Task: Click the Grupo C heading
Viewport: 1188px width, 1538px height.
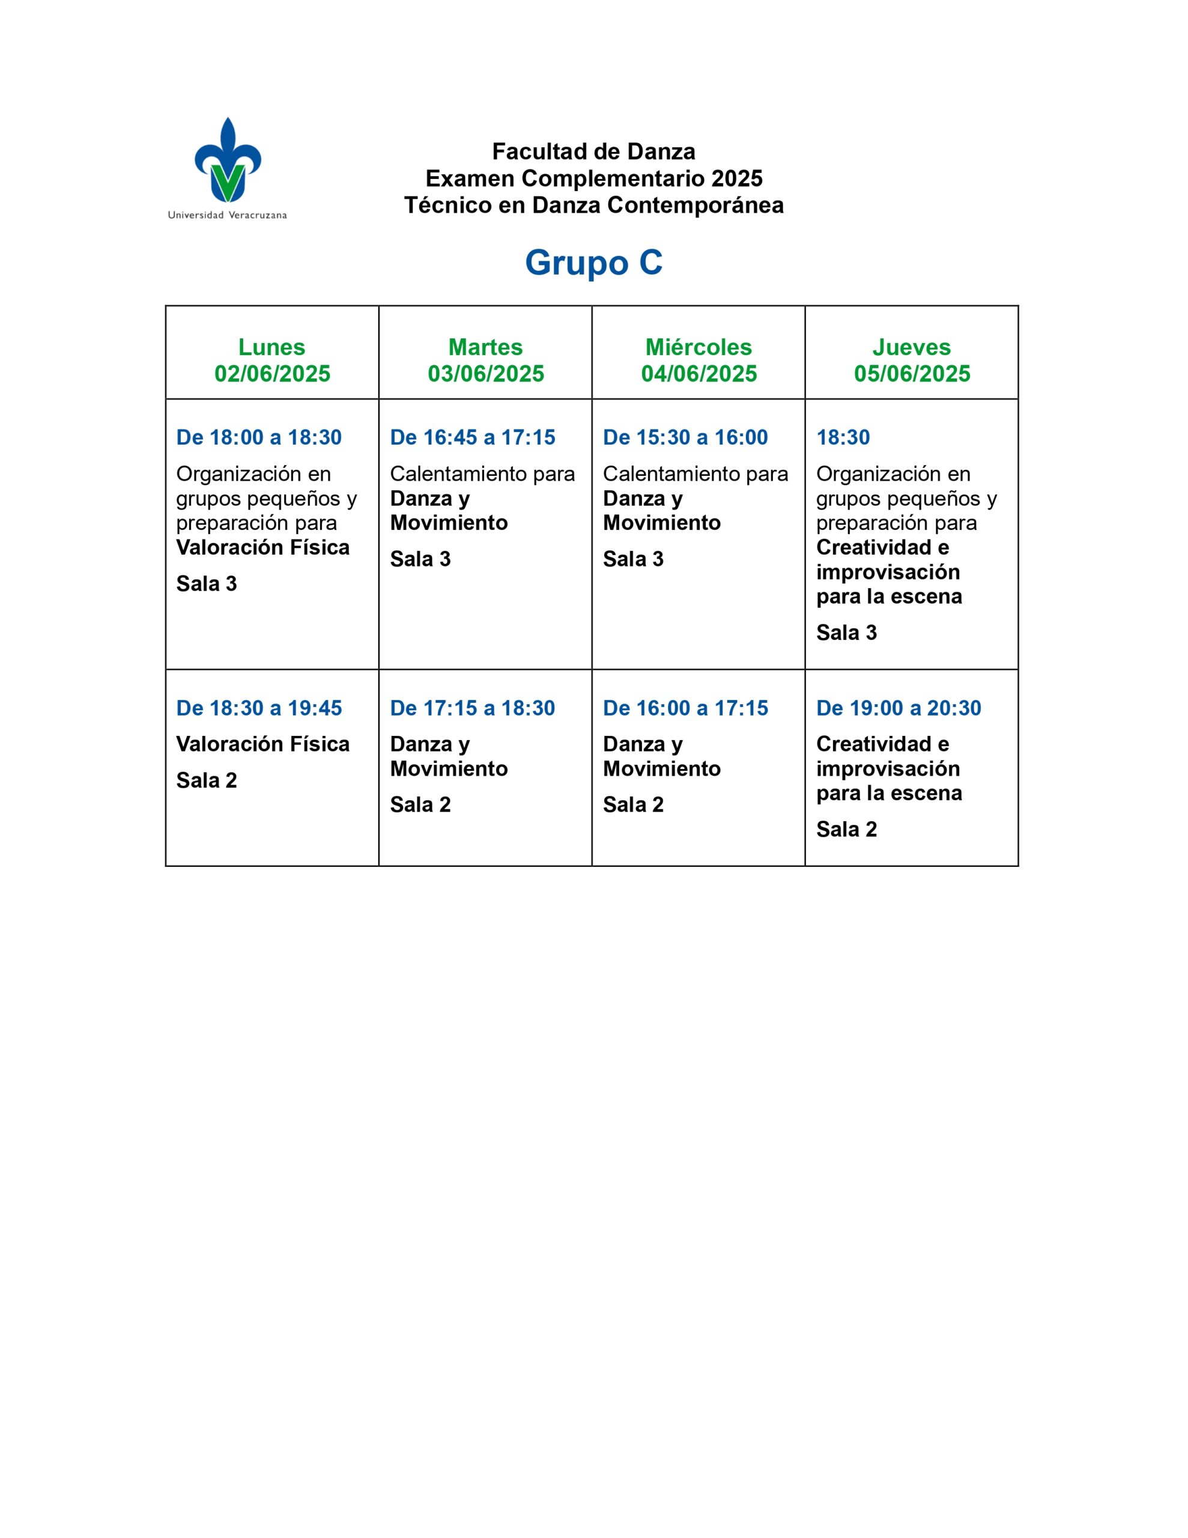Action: [x=593, y=263]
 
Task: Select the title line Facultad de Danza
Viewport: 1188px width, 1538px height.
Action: [x=593, y=151]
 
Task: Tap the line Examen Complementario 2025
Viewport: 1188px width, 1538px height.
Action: [x=593, y=178]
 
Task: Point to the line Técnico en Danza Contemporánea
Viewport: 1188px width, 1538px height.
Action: [x=593, y=205]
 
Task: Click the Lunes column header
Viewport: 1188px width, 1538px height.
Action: [x=272, y=347]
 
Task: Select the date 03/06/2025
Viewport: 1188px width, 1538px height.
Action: [x=486, y=373]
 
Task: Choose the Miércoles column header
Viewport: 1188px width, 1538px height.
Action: [x=699, y=347]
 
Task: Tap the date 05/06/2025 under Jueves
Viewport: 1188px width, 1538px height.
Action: [x=912, y=373]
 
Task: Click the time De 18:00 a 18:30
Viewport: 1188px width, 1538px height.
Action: [x=258, y=437]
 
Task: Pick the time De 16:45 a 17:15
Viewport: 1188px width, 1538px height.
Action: [x=473, y=437]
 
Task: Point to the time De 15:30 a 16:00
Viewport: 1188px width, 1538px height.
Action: [x=685, y=437]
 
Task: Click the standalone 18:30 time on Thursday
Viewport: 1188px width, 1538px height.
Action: [x=843, y=437]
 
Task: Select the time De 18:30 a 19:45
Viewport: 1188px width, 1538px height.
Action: [x=258, y=708]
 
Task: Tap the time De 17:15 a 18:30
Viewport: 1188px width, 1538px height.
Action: [x=473, y=708]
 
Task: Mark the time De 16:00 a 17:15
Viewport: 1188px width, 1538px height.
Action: [x=685, y=708]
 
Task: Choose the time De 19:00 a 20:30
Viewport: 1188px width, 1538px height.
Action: [x=899, y=708]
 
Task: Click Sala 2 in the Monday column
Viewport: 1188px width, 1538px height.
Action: [x=207, y=780]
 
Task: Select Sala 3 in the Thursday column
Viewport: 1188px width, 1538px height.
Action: [x=846, y=633]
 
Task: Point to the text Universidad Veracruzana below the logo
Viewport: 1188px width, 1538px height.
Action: [x=228, y=216]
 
